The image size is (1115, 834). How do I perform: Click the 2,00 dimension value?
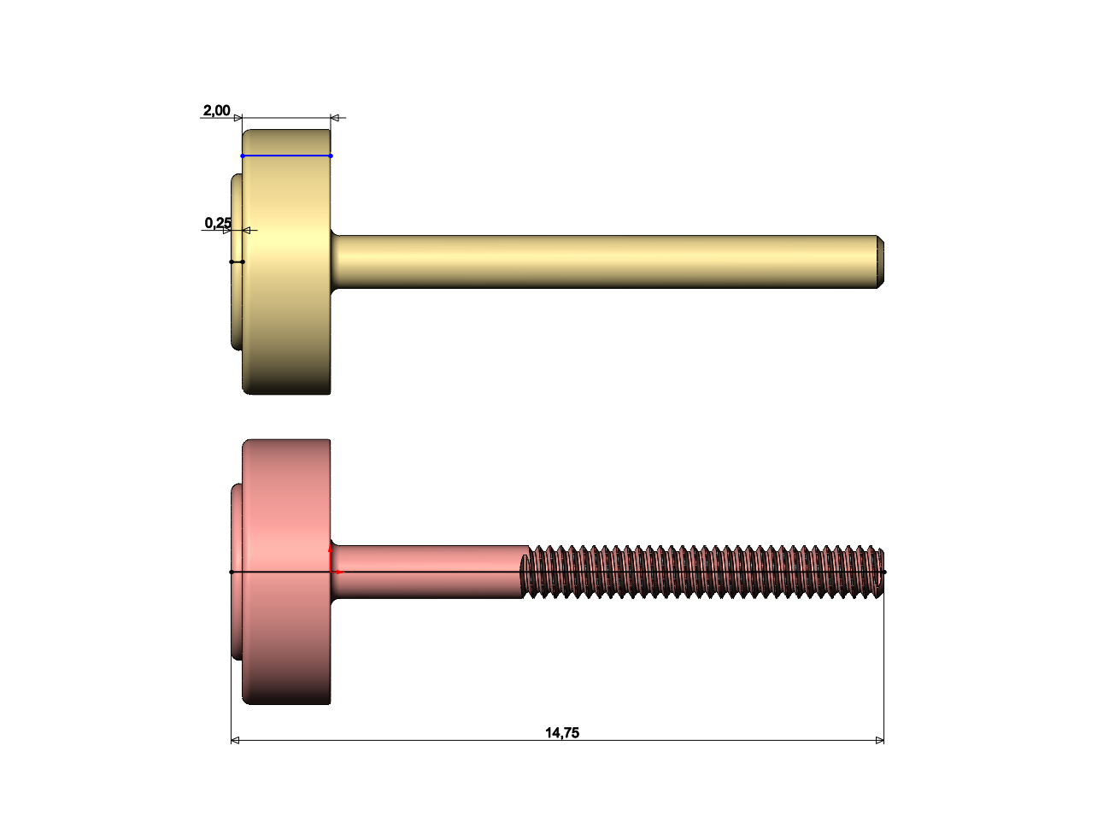pyautogui.click(x=216, y=110)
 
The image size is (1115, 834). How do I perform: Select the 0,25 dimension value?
pyautogui.click(x=218, y=223)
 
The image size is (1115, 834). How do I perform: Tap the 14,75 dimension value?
pyautogui.click(x=562, y=733)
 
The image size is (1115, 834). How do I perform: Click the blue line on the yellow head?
pyautogui.click(x=286, y=156)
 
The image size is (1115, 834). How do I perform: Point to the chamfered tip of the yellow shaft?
pyautogui.click(x=880, y=261)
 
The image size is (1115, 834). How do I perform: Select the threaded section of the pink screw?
pyautogui.click(x=702, y=572)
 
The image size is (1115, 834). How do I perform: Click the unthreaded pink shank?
pyautogui.click(x=429, y=572)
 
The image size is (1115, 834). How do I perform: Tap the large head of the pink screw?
pyautogui.click(x=286, y=572)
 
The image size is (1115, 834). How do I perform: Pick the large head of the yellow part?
pyautogui.click(x=286, y=261)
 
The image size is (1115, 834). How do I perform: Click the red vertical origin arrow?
pyautogui.click(x=330, y=558)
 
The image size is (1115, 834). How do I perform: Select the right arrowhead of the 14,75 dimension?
pyautogui.click(x=880, y=741)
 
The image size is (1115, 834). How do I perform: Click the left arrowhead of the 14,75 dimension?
pyautogui.click(x=235, y=741)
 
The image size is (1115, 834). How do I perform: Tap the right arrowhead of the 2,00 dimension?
pyautogui.click(x=335, y=118)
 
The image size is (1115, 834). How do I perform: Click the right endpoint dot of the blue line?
pyautogui.click(x=331, y=156)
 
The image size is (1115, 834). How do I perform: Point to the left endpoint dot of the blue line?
pyautogui.click(x=243, y=156)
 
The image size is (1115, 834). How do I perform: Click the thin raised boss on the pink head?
pyautogui.click(x=237, y=572)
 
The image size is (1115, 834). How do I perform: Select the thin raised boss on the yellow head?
pyautogui.click(x=237, y=261)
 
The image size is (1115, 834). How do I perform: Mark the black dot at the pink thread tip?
pyautogui.click(x=884, y=572)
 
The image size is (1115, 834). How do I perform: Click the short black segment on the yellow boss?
pyautogui.click(x=238, y=262)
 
